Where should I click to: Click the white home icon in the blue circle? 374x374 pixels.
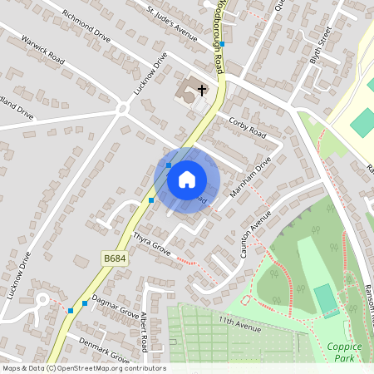click(187, 180)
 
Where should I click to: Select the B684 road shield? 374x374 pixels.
click(115, 259)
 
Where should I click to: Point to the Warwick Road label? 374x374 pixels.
click(42, 50)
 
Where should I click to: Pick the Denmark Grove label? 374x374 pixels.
click(104, 349)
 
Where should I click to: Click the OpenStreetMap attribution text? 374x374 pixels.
click(83, 368)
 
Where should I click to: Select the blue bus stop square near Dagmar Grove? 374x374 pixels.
click(71, 311)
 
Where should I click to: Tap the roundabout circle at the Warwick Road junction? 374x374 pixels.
click(122, 107)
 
